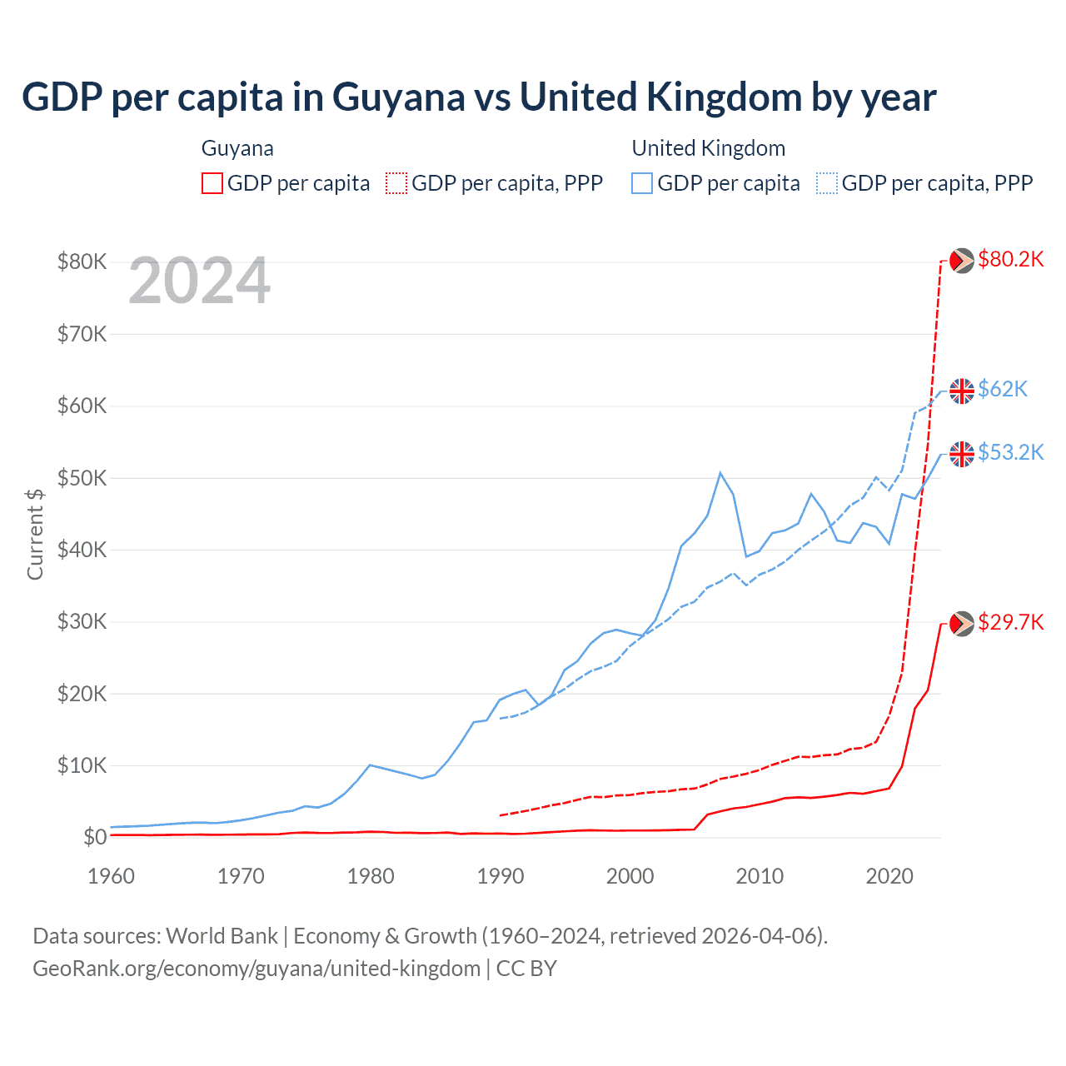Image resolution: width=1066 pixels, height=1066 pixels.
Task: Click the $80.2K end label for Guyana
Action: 1010,259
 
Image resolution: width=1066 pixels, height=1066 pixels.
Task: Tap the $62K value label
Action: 1003,389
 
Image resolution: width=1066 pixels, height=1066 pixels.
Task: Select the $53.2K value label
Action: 1010,452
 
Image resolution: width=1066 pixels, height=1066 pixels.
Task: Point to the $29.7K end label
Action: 1010,622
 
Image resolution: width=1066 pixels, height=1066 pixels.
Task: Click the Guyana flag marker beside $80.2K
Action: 962,261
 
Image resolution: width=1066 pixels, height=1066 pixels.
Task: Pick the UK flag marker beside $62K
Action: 962,391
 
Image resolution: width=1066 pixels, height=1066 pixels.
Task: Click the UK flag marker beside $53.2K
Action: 962,454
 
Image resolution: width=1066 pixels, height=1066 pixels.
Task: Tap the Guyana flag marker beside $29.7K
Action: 962,624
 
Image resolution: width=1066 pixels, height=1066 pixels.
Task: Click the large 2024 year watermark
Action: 200,281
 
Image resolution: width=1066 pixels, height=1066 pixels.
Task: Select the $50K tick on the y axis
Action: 82,478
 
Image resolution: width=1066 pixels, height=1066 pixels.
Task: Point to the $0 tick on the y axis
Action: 95,837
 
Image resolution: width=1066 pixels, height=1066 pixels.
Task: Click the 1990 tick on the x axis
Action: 501,876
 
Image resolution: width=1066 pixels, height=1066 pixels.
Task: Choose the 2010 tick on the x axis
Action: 760,876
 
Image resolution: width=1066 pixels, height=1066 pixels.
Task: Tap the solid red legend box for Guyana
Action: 212,183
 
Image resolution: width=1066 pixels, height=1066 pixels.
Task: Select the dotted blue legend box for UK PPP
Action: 827,183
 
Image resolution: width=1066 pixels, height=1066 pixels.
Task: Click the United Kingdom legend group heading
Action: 708,148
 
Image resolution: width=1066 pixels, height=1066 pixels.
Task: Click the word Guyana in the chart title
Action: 398,97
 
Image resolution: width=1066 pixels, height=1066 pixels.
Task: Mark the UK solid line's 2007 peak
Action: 720,473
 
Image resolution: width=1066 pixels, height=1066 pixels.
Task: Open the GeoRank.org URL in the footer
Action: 257,969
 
